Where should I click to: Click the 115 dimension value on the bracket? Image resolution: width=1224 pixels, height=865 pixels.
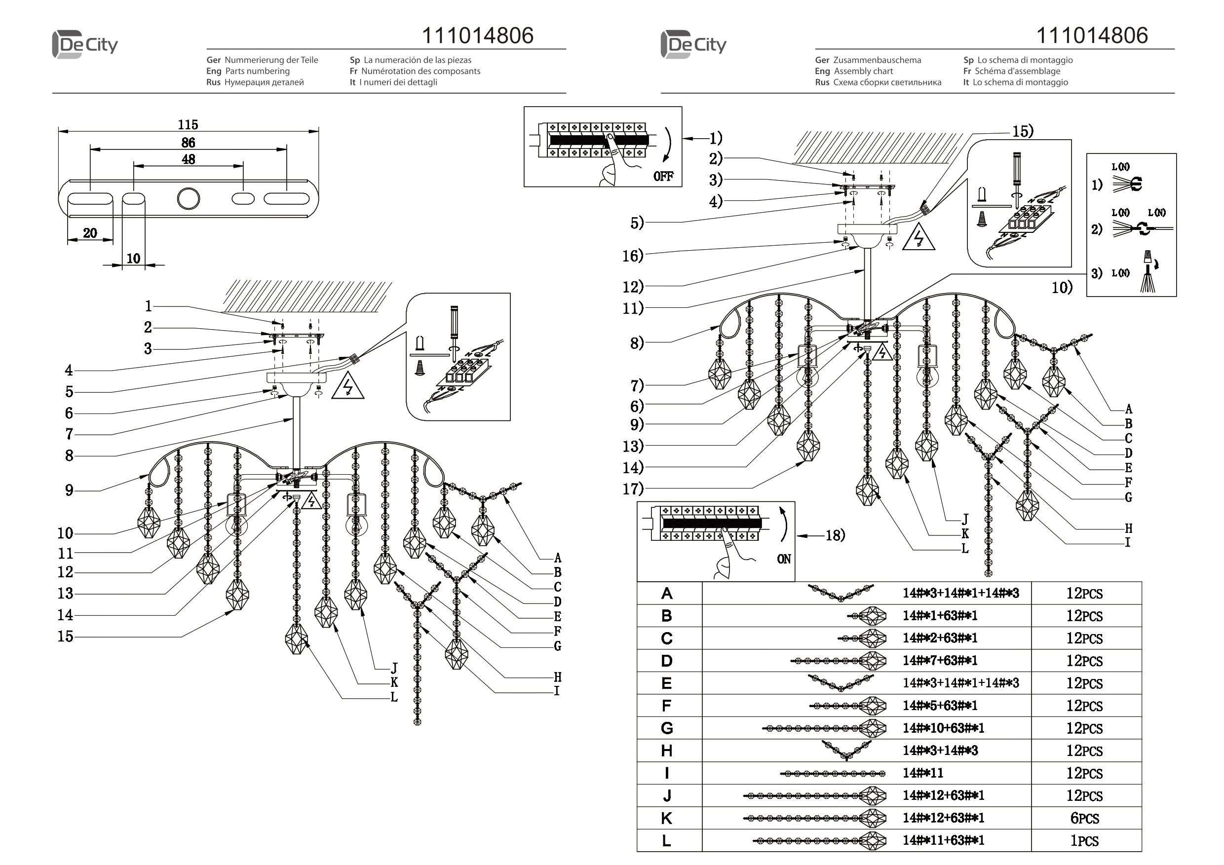188,125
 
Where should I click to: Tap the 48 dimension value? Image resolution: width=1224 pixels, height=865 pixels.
188,159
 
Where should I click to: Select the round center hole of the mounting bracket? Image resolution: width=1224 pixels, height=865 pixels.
188,199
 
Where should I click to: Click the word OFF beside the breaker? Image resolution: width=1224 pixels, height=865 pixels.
663,177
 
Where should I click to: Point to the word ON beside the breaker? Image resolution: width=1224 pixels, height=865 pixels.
784,559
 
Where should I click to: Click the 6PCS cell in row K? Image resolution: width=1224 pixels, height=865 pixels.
1084,818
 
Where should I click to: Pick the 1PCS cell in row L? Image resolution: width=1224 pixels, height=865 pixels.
1084,840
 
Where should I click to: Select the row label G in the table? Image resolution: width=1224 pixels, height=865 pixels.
666,728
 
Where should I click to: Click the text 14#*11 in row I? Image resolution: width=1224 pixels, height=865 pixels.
923,773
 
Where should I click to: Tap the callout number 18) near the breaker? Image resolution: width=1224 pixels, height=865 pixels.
836,535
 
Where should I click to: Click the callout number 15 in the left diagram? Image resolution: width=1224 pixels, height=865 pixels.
65,636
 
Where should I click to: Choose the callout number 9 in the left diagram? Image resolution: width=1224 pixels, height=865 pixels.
69,490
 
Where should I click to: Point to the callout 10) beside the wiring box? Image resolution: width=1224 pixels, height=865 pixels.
1062,288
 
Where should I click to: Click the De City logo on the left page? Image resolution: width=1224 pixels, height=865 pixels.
85,44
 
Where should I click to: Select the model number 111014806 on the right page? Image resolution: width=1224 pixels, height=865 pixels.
1091,35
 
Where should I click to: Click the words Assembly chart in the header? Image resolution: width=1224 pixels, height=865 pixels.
863,71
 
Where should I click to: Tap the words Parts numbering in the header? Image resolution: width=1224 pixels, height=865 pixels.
257,71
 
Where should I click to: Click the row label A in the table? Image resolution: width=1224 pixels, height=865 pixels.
666,593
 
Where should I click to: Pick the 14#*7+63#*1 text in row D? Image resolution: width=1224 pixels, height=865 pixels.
940,661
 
